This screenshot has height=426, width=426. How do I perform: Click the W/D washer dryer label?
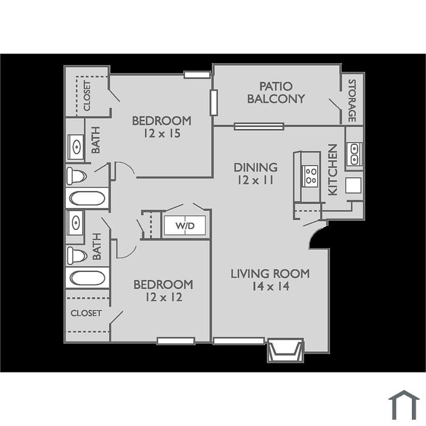click(x=185, y=226)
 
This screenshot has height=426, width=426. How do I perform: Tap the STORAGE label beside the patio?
click(x=352, y=100)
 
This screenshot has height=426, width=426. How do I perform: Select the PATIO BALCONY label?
click(x=276, y=93)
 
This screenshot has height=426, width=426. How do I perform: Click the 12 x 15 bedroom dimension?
click(x=162, y=133)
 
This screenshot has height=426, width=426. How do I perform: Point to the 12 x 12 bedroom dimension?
click(x=164, y=297)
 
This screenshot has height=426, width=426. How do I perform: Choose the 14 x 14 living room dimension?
click(x=271, y=287)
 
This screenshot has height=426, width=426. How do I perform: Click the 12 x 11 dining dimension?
click(x=256, y=180)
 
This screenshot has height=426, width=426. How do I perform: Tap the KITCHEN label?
click(x=333, y=170)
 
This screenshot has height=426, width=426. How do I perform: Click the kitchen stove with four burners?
click(x=310, y=176)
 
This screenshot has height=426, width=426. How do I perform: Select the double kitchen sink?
click(x=354, y=155)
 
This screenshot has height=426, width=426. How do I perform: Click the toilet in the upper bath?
click(x=77, y=176)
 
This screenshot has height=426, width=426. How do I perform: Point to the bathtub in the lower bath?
click(x=87, y=278)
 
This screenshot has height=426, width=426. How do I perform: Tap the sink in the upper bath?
click(x=76, y=147)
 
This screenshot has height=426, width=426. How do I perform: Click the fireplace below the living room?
click(x=285, y=350)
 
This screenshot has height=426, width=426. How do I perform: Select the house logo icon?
click(x=404, y=405)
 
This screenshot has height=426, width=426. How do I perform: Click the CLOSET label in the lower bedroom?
click(x=86, y=313)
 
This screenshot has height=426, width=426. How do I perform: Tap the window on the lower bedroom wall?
click(x=176, y=341)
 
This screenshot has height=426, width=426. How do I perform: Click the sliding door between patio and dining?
click(x=259, y=127)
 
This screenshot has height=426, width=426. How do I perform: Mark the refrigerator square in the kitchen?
click(x=354, y=185)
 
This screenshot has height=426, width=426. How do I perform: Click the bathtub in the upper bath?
click(x=87, y=198)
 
